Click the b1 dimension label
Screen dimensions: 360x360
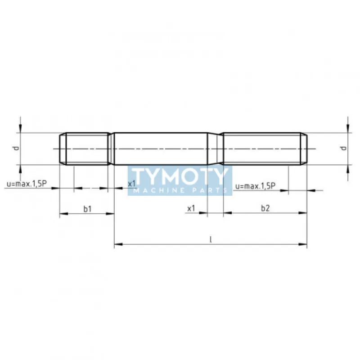[87, 209]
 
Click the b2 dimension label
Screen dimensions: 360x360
[265, 208]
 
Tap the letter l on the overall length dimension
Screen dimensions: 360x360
[211, 240]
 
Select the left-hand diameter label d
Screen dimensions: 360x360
[16, 148]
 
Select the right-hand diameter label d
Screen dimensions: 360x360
[344, 148]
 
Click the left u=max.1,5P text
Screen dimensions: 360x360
[27, 184]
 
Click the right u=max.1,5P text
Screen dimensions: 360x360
[255, 186]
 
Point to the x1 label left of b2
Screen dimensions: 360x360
[191, 208]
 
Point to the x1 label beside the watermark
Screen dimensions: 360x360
[132, 184]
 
